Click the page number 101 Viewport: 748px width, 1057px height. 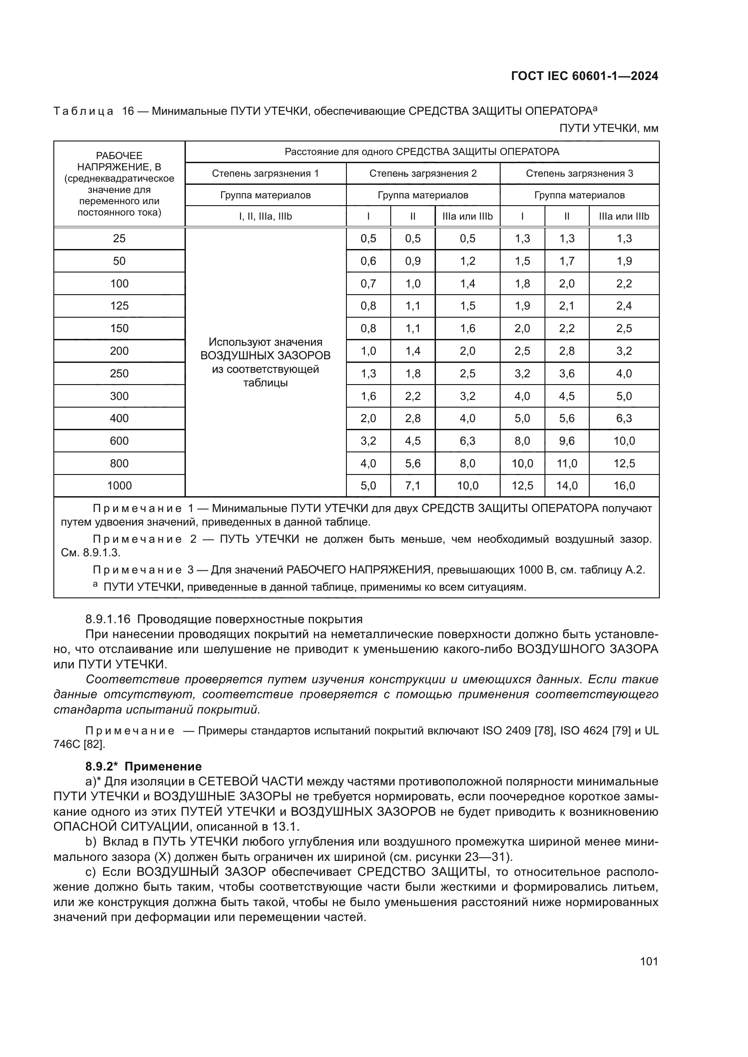coord(649,961)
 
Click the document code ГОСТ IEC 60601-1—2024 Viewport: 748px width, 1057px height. coord(584,76)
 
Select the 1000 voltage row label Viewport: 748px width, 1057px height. coord(119,486)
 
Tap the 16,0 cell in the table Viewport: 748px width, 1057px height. coord(624,486)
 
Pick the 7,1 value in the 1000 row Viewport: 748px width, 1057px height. coord(413,486)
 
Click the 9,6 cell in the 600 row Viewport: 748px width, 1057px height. coord(567,441)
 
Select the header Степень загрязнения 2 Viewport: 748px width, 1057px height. coord(423,174)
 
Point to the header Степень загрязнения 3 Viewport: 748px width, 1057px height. coord(579,174)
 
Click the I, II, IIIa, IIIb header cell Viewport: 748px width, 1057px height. coord(265,216)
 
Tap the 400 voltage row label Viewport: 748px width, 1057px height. coord(119,418)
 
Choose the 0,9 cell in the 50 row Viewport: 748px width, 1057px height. coord(413,261)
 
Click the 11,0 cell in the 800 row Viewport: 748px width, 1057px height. coord(567,464)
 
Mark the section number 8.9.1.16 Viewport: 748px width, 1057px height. coord(108,619)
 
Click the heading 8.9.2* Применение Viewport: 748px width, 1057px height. coord(143,766)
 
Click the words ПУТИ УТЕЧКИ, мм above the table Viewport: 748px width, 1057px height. coord(608,128)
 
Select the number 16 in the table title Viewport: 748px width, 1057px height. coord(128,111)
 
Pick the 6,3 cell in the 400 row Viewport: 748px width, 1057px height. coord(624,418)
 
